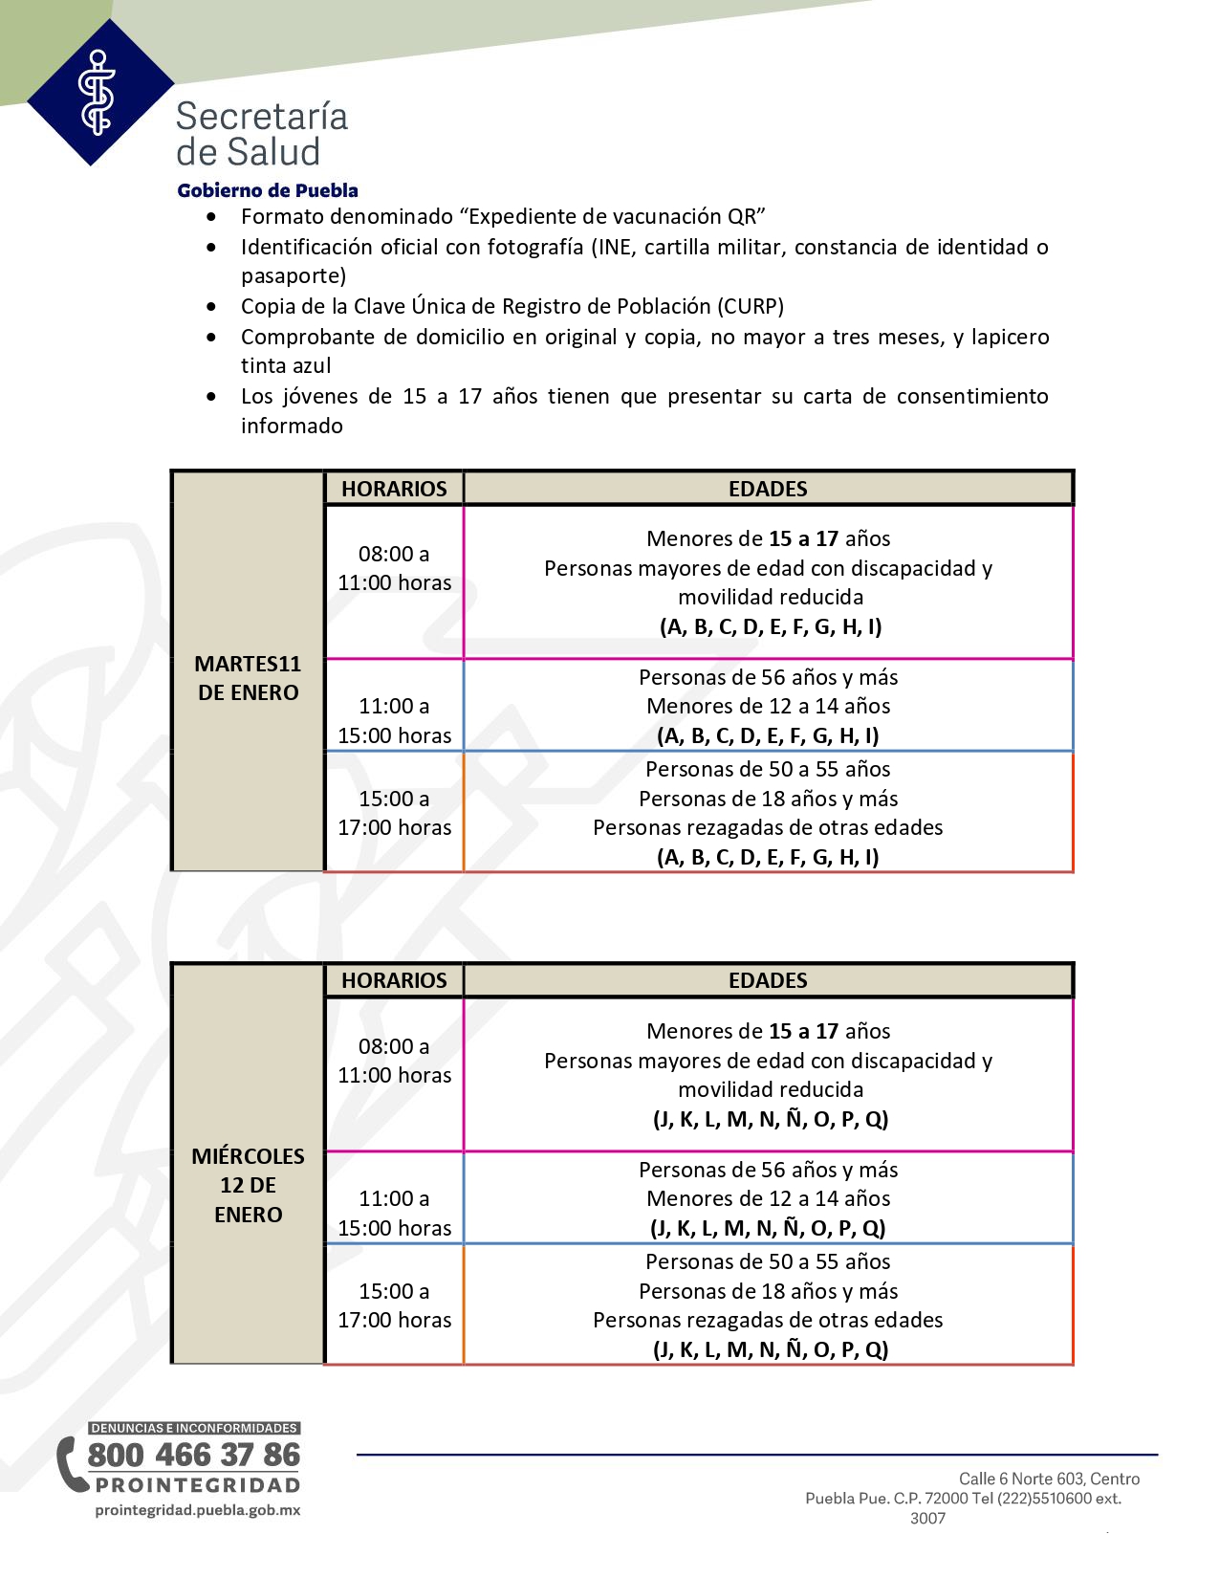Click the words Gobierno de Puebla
[268, 190]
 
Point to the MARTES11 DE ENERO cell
[249, 678]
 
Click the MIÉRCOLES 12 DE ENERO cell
[249, 1185]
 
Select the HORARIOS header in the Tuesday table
[394, 489]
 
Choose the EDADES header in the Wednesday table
[768, 980]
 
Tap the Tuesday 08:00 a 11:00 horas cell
[394, 568]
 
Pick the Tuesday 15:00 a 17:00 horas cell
[394, 813]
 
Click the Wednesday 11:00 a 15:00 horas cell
[394, 1213]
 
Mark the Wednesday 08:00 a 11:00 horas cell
[394, 1061]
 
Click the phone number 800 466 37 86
[194, 1455]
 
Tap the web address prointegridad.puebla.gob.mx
[198, 1510]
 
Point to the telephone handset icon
[69, 1463]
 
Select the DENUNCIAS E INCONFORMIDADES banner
[194, 1428]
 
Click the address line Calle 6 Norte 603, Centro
[1049, 1479]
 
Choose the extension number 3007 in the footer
[927, 1518]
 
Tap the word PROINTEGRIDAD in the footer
[198, 1485]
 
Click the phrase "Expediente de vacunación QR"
[613, 217]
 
